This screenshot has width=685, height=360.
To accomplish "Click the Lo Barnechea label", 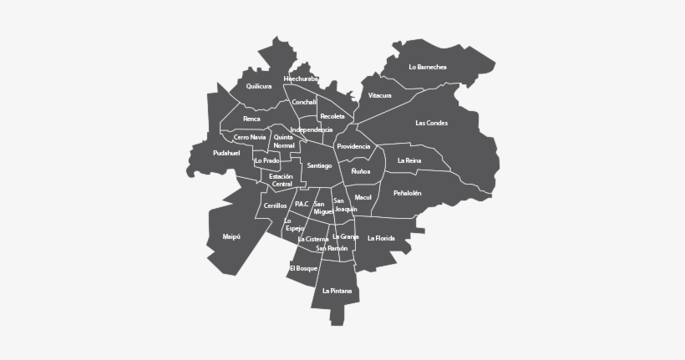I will click(428, 67).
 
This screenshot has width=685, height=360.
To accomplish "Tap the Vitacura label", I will click(379, 95).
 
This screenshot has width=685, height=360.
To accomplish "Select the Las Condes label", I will click(431, 123).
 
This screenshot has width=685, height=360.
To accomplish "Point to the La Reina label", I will click(409, 160).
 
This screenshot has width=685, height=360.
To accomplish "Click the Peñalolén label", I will click(407, 193).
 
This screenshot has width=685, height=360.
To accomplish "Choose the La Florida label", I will click(381, 238).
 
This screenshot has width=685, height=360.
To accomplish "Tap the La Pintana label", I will click(337, 291).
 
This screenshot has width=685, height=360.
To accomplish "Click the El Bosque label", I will click(303, 268).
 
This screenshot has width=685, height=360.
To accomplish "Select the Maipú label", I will click(231, 236).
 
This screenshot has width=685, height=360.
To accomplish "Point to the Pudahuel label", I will click(226, 153).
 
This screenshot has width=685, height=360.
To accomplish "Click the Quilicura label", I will click(259, 86).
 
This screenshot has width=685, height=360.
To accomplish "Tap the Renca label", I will click(251, 119).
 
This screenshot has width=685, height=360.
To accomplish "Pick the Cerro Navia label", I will click(250, 137).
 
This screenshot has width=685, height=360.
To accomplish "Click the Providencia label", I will click(353, 146).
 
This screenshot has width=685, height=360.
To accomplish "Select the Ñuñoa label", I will click(361, 171).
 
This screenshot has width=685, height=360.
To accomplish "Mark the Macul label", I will click(363, 197).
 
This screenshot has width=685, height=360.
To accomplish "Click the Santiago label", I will click(319, 165).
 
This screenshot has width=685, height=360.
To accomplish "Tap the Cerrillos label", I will click(275, 205).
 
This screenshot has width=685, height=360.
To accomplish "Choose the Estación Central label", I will click(282, 180).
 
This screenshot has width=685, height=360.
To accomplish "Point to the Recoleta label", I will click(332, 116).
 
